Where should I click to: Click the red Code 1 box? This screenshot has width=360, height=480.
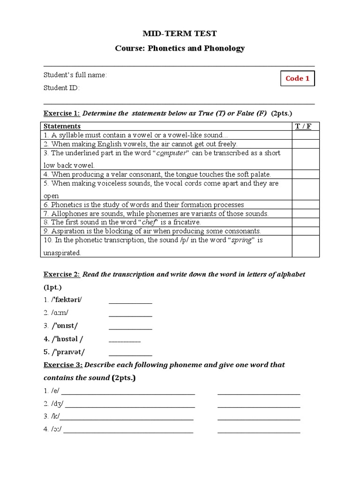(297, 78)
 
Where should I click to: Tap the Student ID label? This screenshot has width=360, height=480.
(61, 88)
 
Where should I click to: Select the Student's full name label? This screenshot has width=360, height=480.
(75, 75)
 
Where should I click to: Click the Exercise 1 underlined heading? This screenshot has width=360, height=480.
(61, 113)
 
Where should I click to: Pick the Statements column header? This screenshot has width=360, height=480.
(62, 126)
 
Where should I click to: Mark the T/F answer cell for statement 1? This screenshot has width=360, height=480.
(306, 135)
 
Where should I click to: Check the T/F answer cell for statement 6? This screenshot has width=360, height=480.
(306, 204)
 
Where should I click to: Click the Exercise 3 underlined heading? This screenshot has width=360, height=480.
(63, 365)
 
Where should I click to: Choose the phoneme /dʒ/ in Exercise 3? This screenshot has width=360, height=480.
(58, 404)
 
